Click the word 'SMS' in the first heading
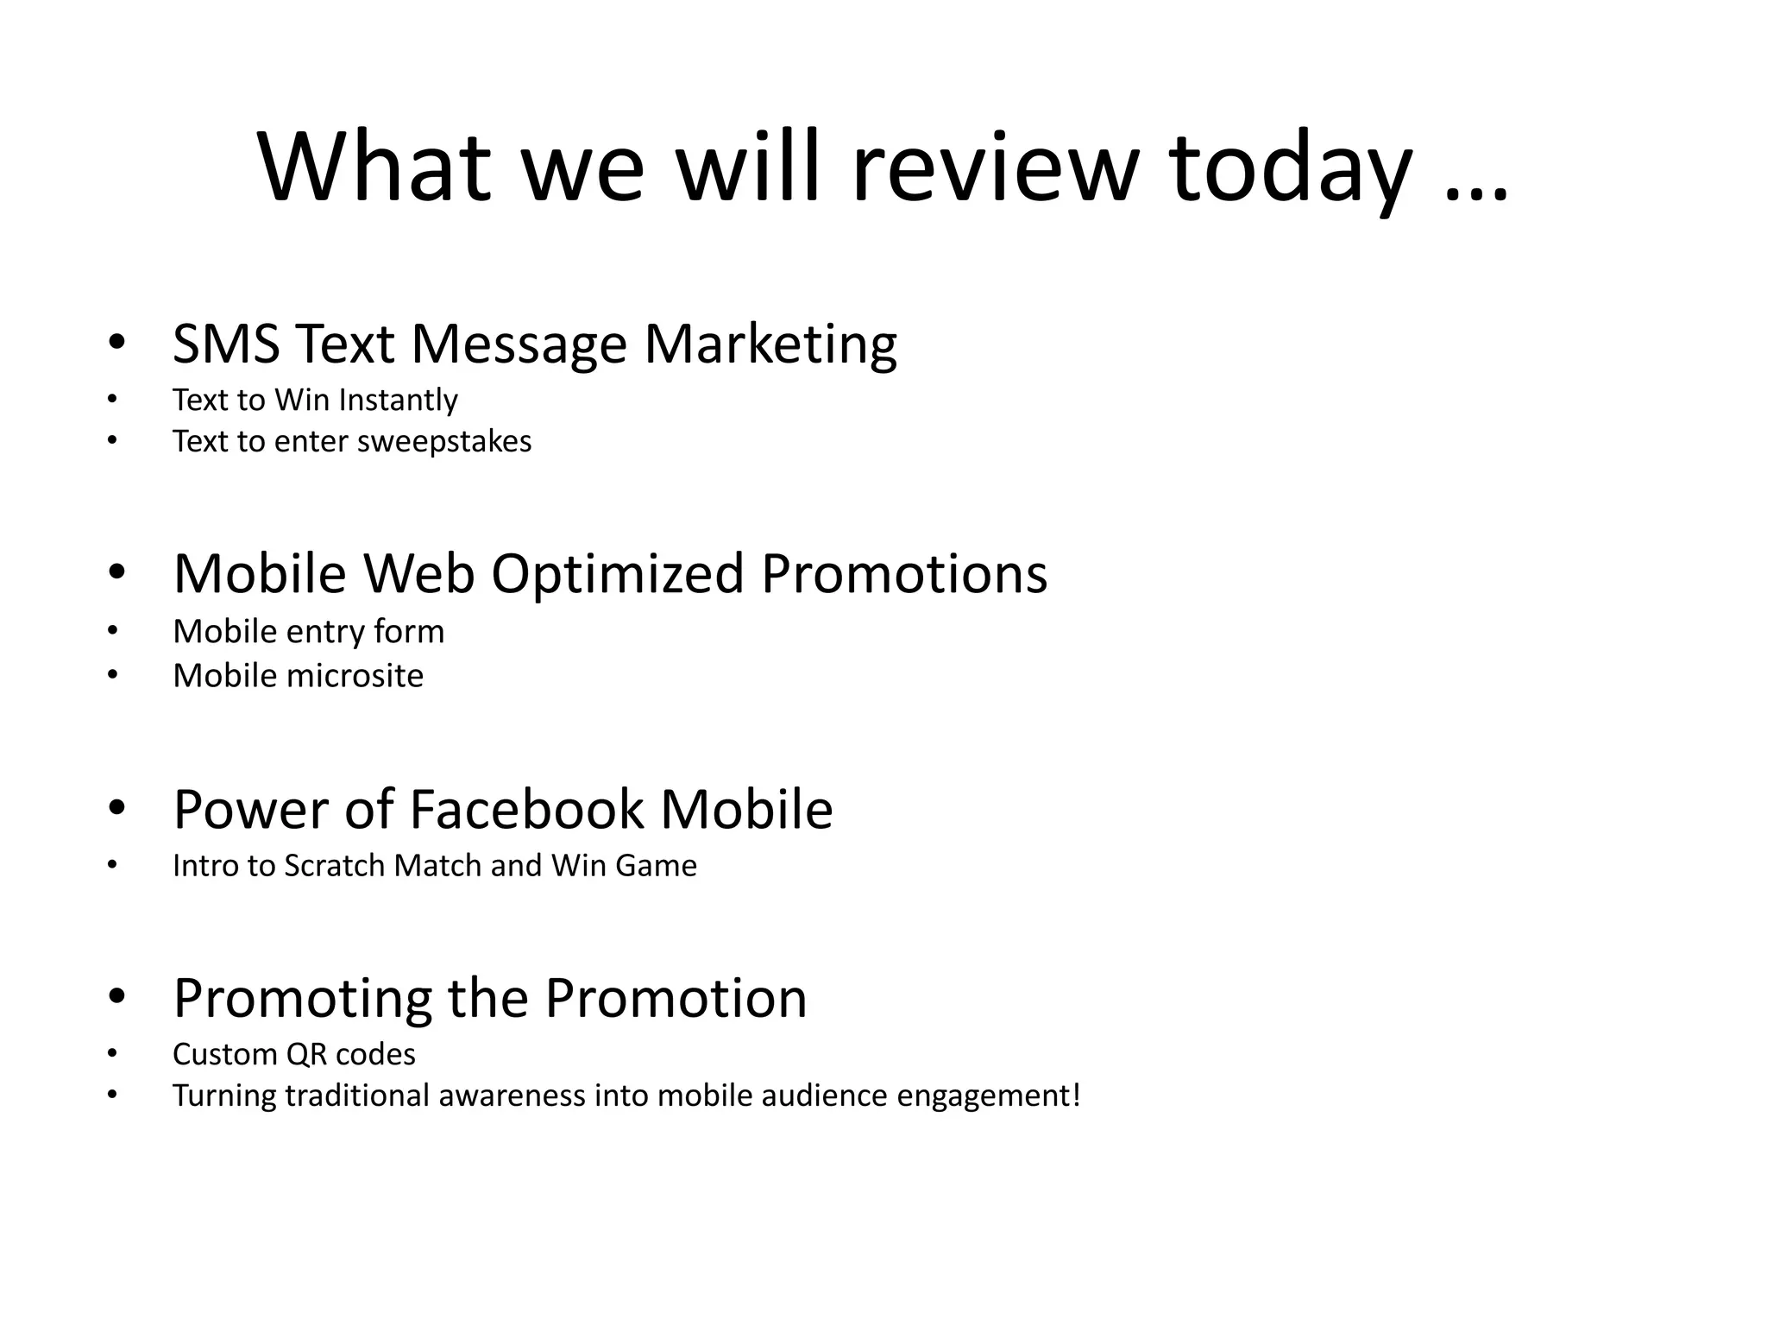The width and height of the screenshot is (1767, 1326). pos(226,344)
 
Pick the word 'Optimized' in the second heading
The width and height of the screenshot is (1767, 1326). pos(617,574)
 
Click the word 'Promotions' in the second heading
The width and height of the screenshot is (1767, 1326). pos(904,574)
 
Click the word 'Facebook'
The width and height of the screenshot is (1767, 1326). pos(526,810)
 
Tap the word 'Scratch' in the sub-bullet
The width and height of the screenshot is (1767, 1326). pos(335,866)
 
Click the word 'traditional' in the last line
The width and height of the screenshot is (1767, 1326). pos(356,1096)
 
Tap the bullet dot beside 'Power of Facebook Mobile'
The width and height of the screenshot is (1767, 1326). pos(116,809)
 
